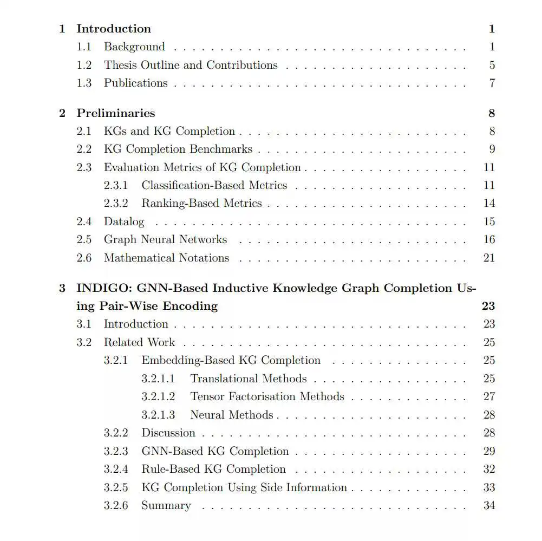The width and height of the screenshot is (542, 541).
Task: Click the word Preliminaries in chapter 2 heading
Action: (115, 113)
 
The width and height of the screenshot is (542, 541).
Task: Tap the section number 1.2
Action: (84, 65)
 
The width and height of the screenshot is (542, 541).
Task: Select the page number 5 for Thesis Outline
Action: (492, 65)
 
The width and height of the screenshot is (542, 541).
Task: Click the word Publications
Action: (135, 83)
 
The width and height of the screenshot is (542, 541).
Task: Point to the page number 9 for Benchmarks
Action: (492, 149)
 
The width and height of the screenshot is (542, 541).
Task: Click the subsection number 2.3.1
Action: (116, 185)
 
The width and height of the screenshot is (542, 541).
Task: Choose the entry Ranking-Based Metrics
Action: (201, 204)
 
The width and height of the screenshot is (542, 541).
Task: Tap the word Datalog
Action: (124, 221)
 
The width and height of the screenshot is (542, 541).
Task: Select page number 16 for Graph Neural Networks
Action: (489, 239)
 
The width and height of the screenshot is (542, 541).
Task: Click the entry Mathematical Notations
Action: (166, 258)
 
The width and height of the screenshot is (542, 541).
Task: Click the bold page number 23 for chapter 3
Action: (488, 306)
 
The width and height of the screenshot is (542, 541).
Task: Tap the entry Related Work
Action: (139, 342)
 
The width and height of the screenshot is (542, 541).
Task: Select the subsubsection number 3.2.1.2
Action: (158, 396)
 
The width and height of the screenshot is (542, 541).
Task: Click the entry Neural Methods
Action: (231, 415)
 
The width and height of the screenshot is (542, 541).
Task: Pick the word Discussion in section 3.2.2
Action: (168, 433)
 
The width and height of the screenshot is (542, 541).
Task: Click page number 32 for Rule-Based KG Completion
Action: (489, 469)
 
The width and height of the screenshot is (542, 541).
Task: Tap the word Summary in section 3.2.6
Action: (166, 505)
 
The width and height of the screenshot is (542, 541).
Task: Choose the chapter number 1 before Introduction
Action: (62, 29)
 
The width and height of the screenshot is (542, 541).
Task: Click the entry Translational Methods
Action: (248, 379)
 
